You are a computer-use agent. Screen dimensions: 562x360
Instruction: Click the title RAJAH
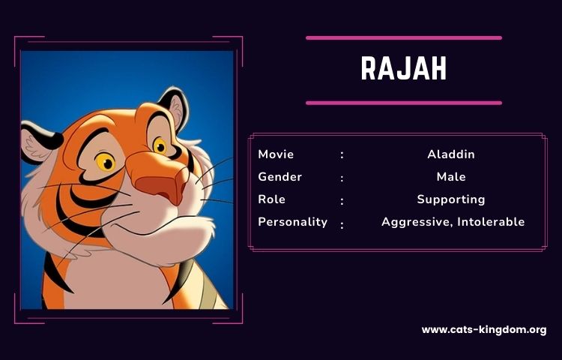[404, 68]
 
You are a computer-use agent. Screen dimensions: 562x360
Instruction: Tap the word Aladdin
[451, 154]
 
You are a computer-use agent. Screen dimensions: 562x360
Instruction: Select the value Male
[451, 177]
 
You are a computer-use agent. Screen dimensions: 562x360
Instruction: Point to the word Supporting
[451, 199]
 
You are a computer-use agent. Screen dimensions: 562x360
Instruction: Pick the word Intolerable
[491, 222]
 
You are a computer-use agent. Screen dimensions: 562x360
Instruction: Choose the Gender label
[280, 177]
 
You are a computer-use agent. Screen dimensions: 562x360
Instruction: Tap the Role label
[272, 199]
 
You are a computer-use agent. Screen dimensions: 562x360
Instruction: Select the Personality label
[292, 222]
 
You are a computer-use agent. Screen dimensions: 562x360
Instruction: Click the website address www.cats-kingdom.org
[484, 330]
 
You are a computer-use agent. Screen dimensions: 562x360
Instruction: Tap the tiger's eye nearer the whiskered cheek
[106, 162]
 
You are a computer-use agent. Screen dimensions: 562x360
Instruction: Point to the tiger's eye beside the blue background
[160, 146]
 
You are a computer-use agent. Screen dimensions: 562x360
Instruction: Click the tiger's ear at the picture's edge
[39, 142]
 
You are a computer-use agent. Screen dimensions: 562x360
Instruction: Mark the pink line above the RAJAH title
[404, 38]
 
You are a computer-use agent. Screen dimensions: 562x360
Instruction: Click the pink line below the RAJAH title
[404, 103]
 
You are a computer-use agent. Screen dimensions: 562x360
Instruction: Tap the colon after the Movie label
[342, 155]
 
